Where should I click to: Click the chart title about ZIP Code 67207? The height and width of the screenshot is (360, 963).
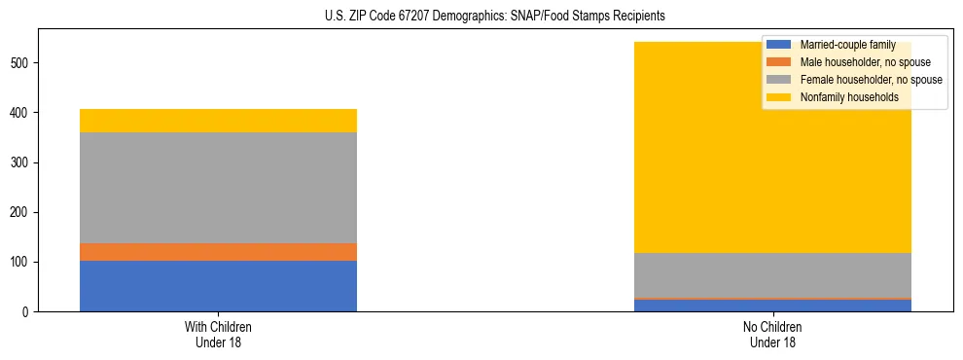pos(495,17)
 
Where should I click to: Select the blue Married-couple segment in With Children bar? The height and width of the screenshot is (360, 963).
pos(218,286)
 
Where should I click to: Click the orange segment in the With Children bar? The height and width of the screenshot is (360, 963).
pos(218,252)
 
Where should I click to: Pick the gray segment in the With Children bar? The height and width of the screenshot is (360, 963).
pos(218,188)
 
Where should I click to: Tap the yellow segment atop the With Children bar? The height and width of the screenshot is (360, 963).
pos(218,121)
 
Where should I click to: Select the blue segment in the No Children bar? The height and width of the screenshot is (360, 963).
pos(772,306)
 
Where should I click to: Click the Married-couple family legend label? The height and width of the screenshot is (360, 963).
pos(847,45)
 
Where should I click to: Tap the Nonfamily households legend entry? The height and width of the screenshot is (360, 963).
pos(848,97)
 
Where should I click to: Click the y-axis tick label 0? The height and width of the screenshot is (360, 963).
pos(28,312)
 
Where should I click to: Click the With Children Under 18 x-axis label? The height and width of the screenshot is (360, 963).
pos(218,335)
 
